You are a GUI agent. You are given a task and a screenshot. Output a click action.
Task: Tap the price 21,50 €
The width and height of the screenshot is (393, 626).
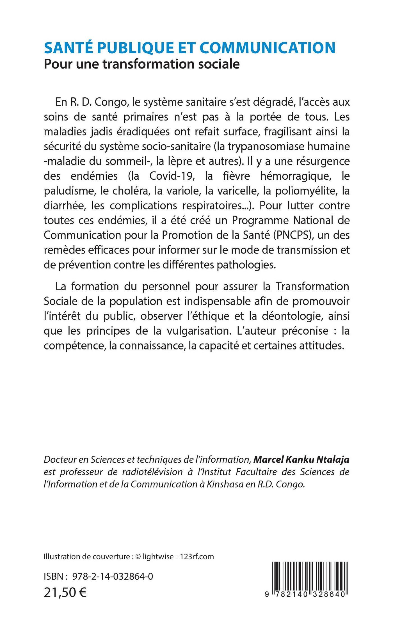pyautogui.click(x=65, y=591)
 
